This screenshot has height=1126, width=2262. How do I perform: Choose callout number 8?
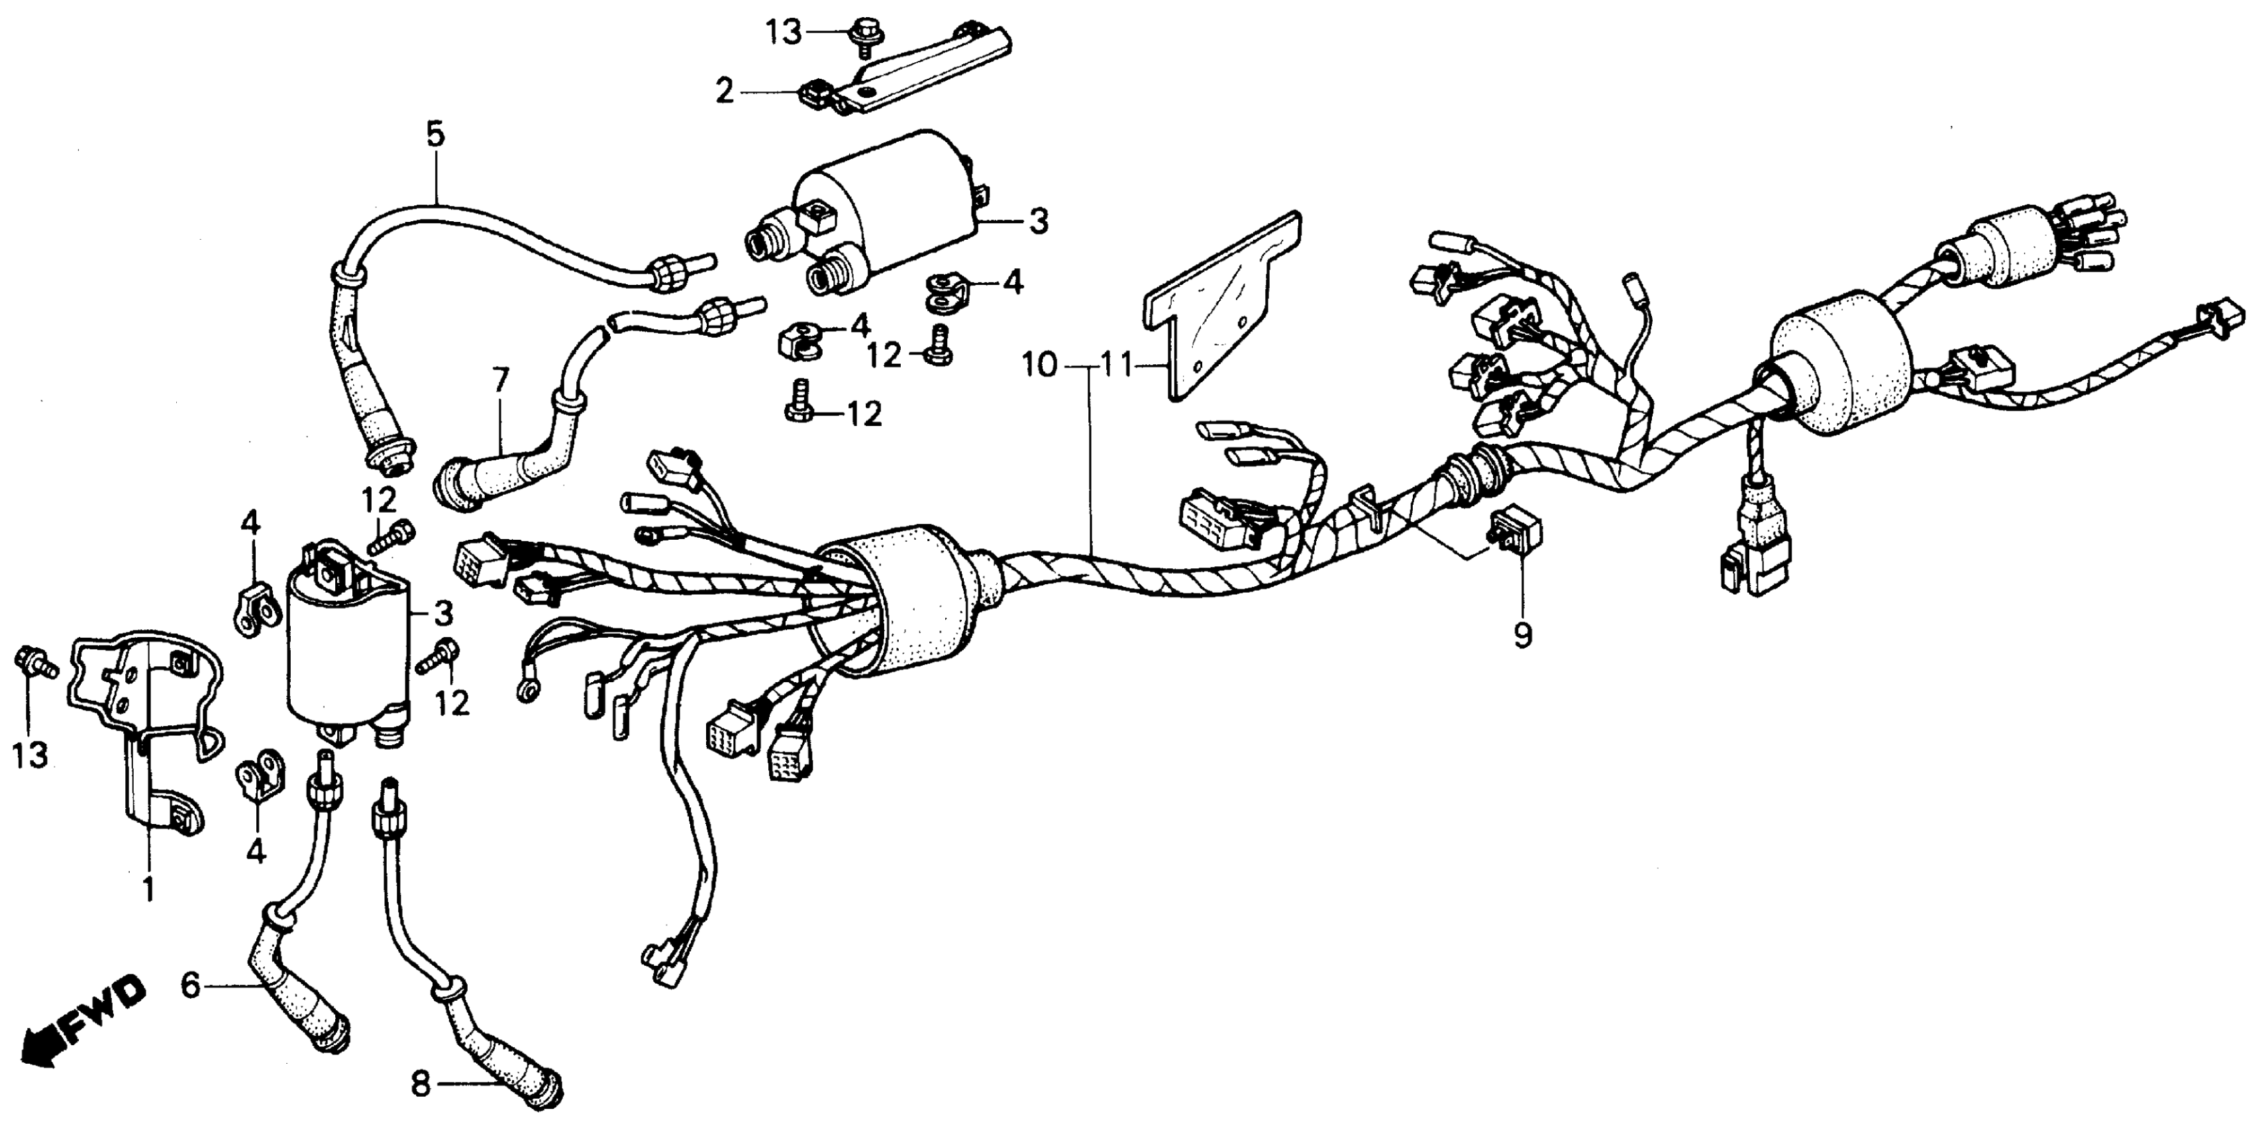click(421, 1086)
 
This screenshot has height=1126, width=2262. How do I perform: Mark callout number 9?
click(1521, 633)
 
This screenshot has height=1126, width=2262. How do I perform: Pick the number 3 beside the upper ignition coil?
click(1038, 221)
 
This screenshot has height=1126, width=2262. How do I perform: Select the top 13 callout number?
click(784, 33)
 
